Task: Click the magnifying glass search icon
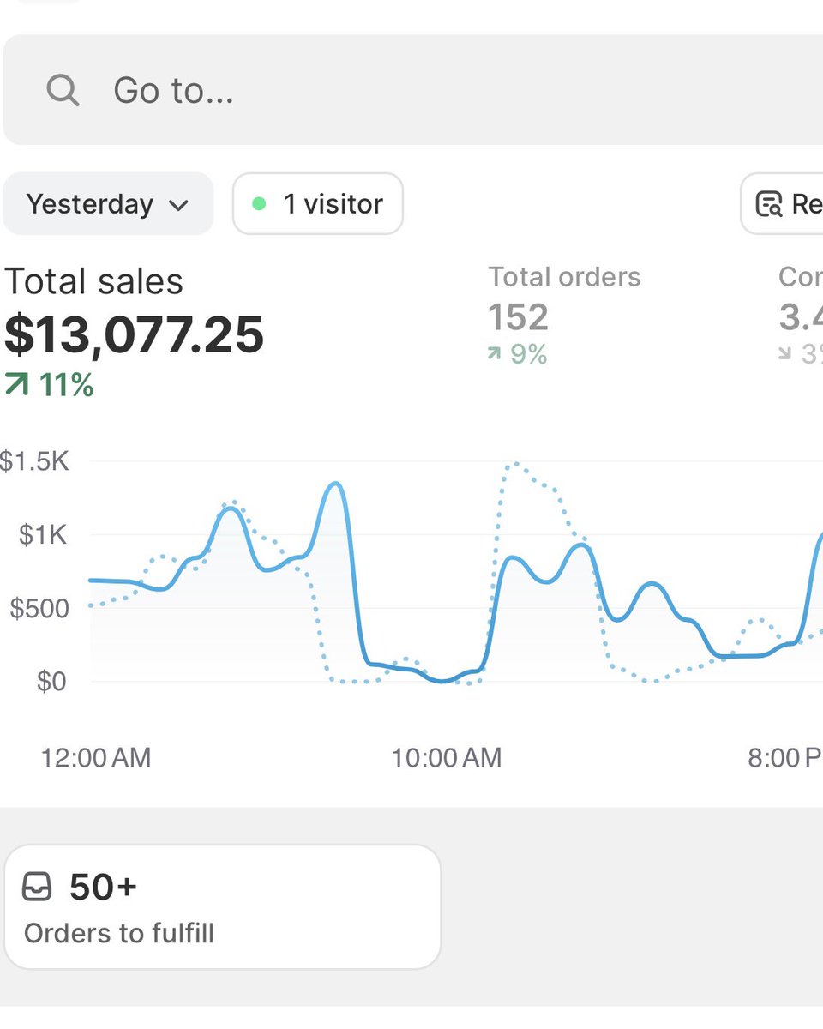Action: coord(63,89)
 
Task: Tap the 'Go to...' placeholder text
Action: coord(173,90)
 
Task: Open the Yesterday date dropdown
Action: coord(107,204)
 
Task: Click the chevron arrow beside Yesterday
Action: coord(178,206)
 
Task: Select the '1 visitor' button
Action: coord(317,204)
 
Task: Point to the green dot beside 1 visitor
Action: coord(259,204)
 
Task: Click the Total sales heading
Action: coord(93,281)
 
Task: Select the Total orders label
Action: coord(564,277)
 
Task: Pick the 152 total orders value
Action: coord(518,317)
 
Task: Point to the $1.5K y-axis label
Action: coord(34,462)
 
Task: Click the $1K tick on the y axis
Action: coord(44,535)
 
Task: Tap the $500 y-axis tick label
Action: coord(39,609)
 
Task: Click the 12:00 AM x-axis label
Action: coord(95,757)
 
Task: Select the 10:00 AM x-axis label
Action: coord(446,757)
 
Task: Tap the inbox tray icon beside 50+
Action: coord(37,887)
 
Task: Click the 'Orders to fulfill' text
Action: coord(119,933)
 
